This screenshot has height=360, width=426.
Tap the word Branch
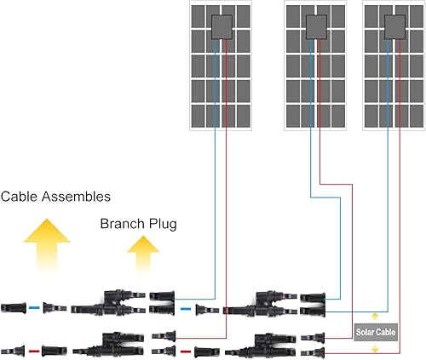pos(123,224)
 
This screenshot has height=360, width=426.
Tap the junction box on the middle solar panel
pos(315,26)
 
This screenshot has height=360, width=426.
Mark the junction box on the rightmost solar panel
pos(394,26)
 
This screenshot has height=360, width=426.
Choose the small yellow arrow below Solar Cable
pos(376,347)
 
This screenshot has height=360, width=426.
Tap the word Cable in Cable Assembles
pos(19,197)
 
